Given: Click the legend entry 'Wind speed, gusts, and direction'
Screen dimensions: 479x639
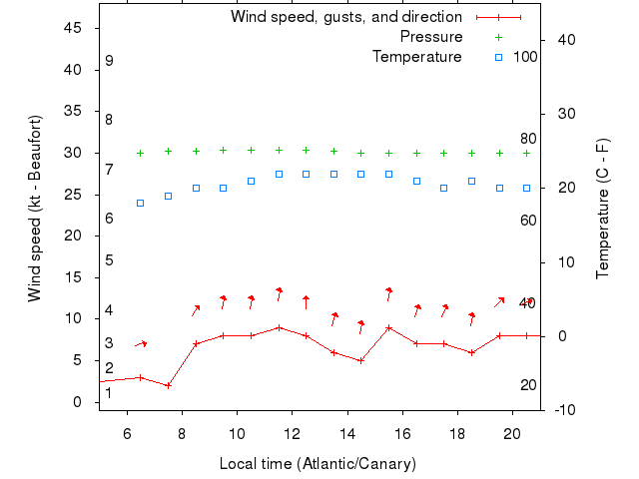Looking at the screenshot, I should click(x=345, y=17).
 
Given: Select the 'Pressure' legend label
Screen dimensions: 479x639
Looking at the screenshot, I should click(x=431, y=37).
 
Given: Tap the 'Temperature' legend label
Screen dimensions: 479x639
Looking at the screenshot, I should click(x=417, y=57).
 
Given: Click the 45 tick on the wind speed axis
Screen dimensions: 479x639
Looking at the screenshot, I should click(x=73, y=28).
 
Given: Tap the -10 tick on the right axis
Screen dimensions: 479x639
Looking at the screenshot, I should click(x=561, y=410).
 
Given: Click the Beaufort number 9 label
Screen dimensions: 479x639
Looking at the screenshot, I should click(x=109, y=61).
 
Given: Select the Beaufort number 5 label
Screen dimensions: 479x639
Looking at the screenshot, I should click(x=109, y=260).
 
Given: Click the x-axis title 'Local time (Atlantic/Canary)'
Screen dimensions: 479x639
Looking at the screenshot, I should click(x=318, y=464).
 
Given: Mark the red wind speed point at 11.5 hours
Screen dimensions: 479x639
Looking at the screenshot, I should click(x=279, y=327).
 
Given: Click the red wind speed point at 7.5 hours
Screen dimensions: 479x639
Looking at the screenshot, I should click(x=169, y=385).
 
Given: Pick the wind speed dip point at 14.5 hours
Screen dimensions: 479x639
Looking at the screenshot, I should click(x=361, y=360).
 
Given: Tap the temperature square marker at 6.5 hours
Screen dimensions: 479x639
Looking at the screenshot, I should click(x=141, y=203).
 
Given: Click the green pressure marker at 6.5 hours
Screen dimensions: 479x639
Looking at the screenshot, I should click(x=141, y=153).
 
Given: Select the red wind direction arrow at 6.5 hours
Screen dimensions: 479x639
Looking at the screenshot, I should click(x=141, y=344).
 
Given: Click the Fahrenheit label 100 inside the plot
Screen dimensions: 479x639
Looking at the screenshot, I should click(x=525, y=57).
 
